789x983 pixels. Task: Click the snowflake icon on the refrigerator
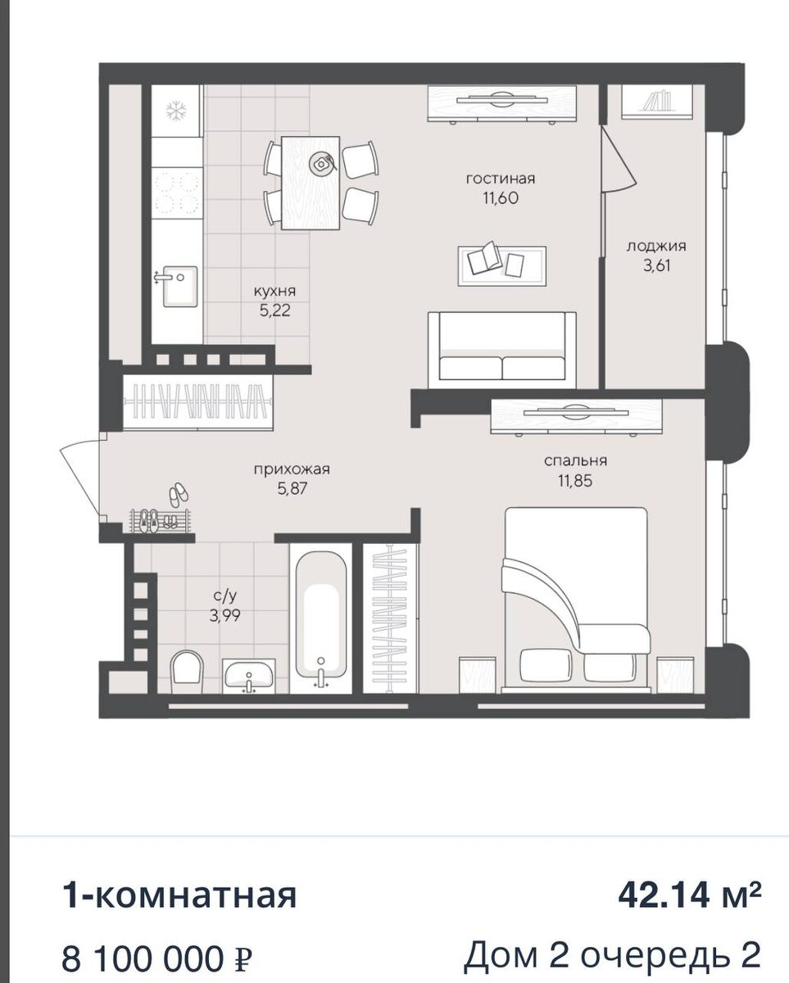pos(177,111)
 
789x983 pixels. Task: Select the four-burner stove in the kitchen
pos(177,193)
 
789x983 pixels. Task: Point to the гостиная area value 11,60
pos(501,198)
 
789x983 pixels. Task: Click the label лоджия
pos(656,247)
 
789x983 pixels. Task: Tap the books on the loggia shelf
pos(657,101)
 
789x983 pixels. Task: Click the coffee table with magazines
pos(502,266)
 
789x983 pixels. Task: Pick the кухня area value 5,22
pos(275,310)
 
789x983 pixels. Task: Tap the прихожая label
pos(292,469)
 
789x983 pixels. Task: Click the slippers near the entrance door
pos(179,496)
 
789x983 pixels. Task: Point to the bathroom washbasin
pos(249,676)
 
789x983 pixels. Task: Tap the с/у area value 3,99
pos(224,616)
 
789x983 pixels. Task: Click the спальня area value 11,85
pos(574,481)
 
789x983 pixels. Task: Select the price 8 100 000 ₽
pos(157,949)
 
